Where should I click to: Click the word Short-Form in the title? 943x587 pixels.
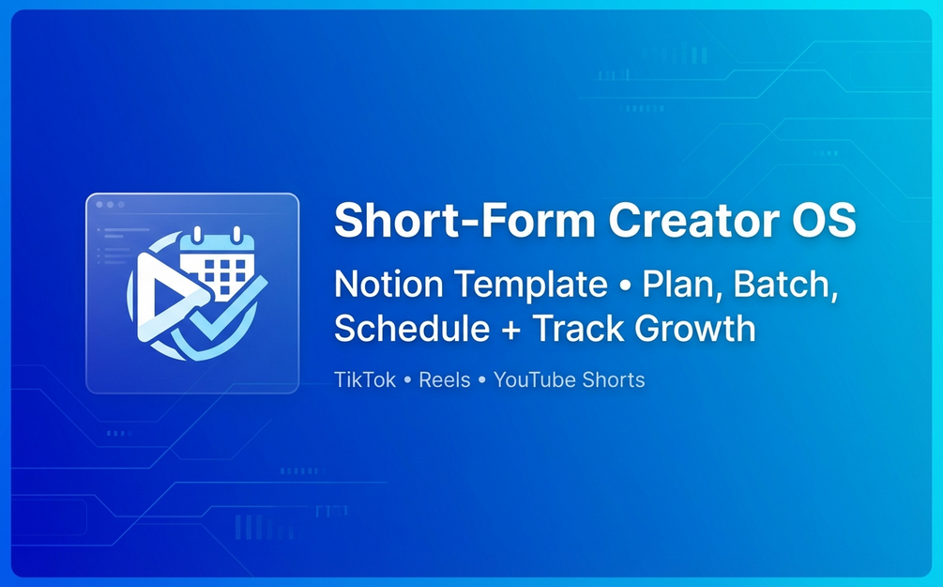point(464,221)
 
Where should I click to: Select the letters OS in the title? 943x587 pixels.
point(824,221)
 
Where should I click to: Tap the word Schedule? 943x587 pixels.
point(411,328)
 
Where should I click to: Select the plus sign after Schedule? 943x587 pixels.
point(511,331)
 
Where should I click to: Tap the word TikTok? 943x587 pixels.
point(365,379)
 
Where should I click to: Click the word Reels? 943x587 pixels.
point(445,379)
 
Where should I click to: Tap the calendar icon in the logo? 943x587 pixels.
point(217,264)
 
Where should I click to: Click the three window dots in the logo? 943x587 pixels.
point(110,205)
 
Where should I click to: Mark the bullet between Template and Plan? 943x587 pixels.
point(625,285)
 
